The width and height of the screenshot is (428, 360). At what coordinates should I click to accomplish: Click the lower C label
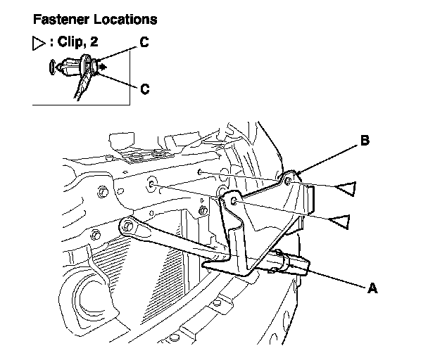pyautogui.click(x=144, y=89)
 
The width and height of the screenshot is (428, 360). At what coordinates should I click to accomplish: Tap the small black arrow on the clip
pyautogui.click(x=103, y=67)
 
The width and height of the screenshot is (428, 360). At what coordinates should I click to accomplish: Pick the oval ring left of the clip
pyautogui.click(x=54, y=67)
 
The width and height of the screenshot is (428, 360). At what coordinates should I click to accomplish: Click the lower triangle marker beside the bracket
pyautogui.click(x=341, y=222)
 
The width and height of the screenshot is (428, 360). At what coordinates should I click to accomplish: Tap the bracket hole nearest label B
pyautogui.click(x=289, y=181)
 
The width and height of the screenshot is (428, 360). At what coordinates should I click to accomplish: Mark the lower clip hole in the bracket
pyautogui.click(x=234, y=202)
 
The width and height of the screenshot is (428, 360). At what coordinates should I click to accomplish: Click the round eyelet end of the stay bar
pyautogui.click(x=126, y=226)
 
